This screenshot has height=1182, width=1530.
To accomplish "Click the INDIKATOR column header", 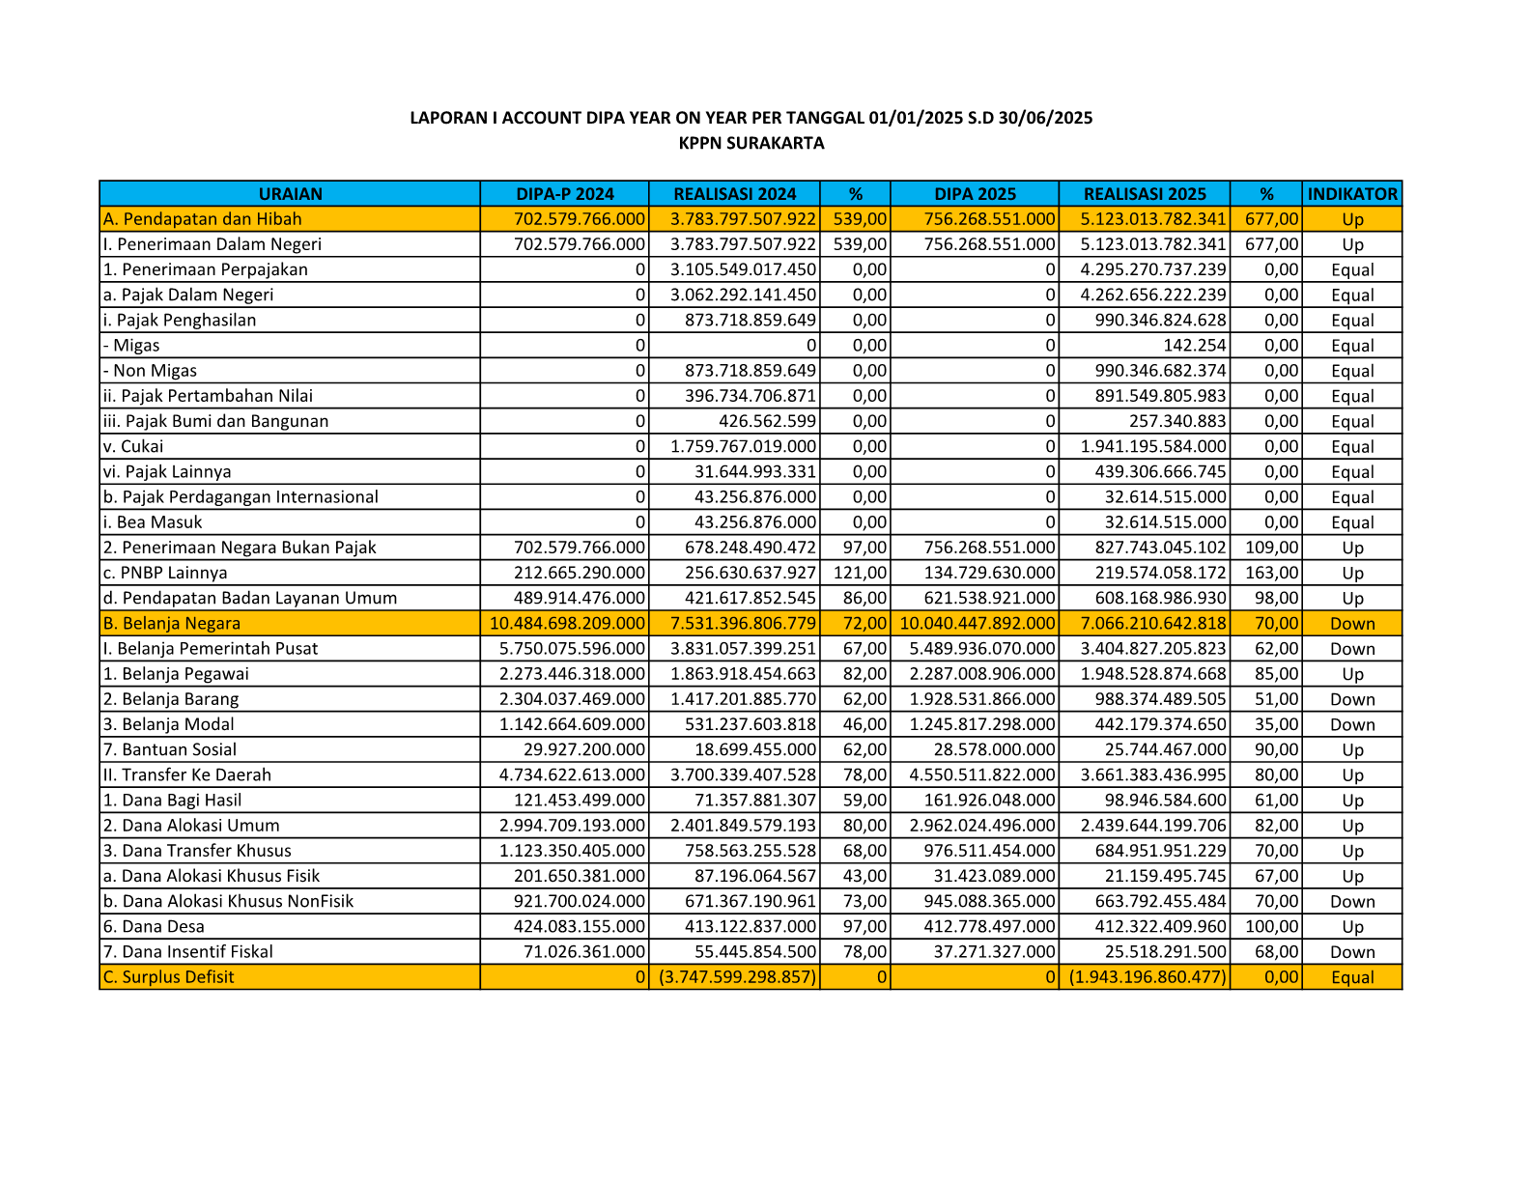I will coord(1351,194).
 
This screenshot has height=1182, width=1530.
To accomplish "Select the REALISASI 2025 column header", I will coord(1145,194).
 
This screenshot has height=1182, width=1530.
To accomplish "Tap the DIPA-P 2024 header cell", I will coord(565,194).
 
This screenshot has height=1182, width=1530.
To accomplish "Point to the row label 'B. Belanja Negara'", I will coord(172,624).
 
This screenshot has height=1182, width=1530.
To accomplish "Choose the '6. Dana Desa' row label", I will coord(155,927).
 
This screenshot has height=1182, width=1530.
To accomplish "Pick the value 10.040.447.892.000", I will coord(977,624).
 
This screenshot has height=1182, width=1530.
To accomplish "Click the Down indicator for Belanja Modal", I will coord(1352,725).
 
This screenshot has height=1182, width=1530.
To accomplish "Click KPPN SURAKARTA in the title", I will coord(751,144).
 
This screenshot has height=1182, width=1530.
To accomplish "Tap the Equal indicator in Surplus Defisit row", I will coord(1352,977).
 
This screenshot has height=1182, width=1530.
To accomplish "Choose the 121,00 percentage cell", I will coord(860,573).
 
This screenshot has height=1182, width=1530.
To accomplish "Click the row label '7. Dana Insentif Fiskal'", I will coord(188,952).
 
